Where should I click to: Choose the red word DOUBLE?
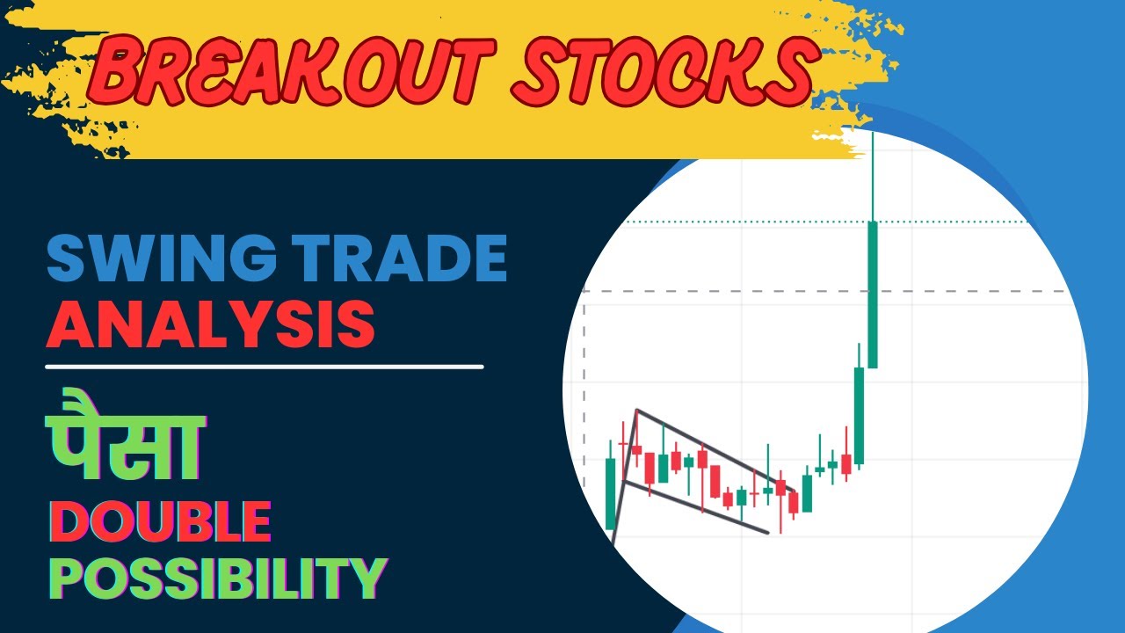158,521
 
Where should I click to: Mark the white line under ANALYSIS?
264,366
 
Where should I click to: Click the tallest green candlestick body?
873,295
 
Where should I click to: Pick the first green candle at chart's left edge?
611,492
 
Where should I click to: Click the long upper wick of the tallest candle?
873,176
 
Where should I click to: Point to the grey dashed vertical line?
584,396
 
